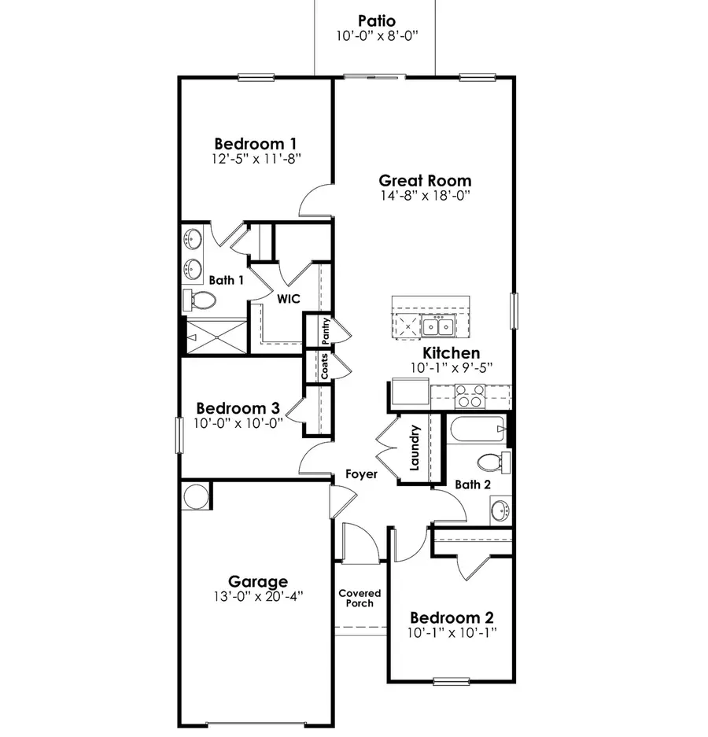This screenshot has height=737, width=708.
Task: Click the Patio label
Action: [376, 20]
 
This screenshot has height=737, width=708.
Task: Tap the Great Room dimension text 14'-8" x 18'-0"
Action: [426, 196]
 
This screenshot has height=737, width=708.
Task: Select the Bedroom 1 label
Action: [256, 144]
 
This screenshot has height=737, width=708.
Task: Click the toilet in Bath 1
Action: [203, 300]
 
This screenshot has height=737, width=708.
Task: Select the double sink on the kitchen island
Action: [437, 325]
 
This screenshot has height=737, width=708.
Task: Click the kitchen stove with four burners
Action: [470, 396]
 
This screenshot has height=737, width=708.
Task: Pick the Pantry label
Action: [325, 330]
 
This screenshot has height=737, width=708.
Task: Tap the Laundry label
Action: [415, 448]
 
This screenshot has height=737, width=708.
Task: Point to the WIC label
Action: [285, 298]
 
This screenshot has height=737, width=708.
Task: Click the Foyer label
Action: [361, 474]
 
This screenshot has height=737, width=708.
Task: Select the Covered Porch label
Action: [360, 598]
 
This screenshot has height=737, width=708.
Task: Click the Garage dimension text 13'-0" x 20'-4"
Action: [258, 596]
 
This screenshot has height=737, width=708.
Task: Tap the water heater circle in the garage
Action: [195, 496]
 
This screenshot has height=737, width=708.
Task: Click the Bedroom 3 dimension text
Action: [238, 422]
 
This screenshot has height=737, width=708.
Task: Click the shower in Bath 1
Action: [216, 337]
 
